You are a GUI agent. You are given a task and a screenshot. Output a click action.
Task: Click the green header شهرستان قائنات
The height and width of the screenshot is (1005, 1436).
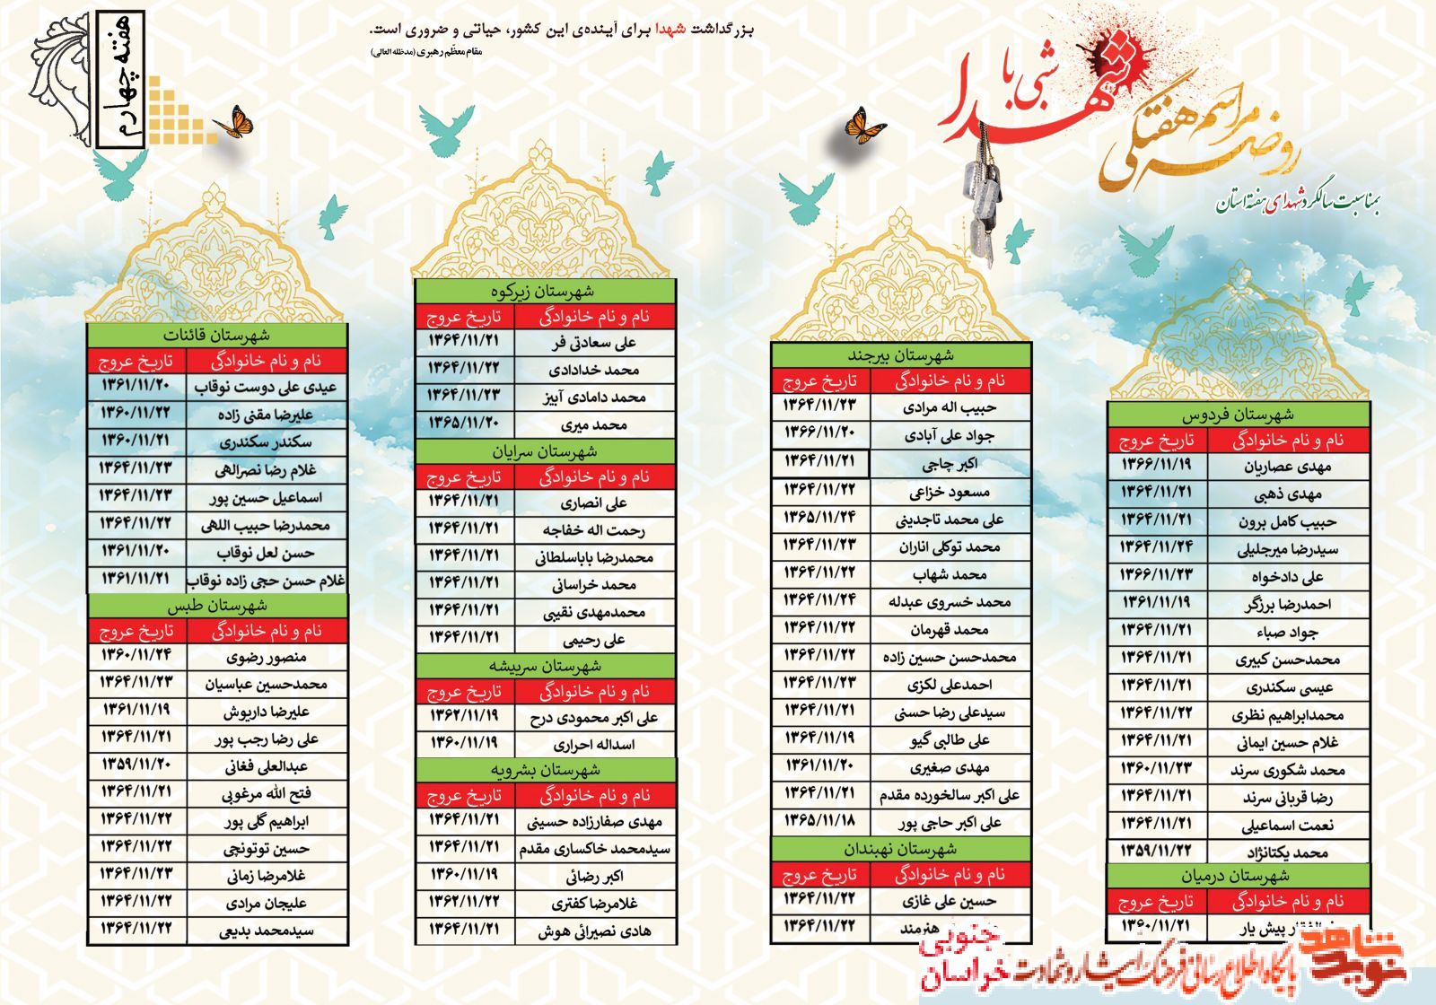point(216,336)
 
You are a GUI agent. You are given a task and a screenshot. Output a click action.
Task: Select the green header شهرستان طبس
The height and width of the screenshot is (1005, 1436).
point(216,606)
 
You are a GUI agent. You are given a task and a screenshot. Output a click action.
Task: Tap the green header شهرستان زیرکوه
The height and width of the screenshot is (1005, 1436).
point(545,292)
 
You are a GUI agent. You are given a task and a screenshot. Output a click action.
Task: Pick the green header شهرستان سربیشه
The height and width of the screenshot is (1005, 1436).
point(545,666)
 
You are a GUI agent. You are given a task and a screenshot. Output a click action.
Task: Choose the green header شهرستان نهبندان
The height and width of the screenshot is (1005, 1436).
point(900,848)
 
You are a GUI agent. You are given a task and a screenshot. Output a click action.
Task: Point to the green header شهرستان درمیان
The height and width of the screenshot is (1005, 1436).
point(1238,876)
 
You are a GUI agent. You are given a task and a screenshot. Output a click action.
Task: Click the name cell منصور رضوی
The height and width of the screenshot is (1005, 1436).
point(267,657)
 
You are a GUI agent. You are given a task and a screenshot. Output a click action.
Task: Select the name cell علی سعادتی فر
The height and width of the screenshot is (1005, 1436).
point(594,343)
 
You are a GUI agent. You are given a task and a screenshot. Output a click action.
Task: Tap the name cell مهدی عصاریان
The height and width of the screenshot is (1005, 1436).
point(1288,467)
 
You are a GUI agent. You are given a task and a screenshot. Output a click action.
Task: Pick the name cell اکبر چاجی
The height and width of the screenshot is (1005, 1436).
point(950,464)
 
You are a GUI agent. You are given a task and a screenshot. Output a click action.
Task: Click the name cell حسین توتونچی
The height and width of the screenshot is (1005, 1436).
point(267,848)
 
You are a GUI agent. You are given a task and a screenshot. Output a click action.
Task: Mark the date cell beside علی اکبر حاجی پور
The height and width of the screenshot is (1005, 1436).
point(819,821)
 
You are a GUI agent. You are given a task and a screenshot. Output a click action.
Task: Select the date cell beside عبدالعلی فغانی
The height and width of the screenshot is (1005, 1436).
point(136,765)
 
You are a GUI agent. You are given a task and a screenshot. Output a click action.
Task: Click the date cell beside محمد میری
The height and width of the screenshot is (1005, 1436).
point(464,423)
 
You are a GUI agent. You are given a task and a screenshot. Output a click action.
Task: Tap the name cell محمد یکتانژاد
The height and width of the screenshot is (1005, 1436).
point(1288,852)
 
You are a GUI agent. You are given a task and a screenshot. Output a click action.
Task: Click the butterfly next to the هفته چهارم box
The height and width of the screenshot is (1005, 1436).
point(234,123)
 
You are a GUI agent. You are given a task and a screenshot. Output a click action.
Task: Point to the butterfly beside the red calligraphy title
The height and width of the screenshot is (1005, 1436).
point(865,126)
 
